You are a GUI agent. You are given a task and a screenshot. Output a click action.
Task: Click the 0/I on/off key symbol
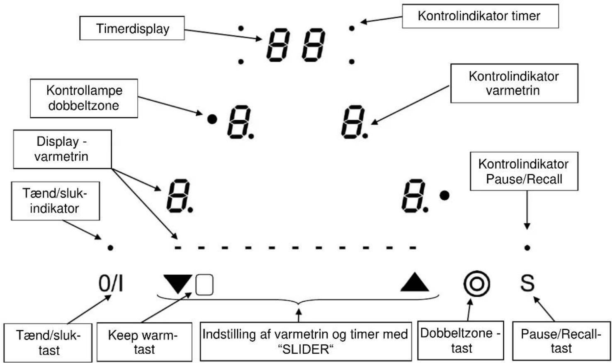pos(111,283)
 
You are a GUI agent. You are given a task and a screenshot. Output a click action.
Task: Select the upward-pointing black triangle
pos(415,283)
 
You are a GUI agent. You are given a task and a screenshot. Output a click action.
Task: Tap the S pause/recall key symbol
pos(527,283)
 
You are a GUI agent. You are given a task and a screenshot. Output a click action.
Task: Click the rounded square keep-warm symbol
pos(204,285)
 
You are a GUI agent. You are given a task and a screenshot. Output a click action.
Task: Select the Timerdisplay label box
pos(132,28)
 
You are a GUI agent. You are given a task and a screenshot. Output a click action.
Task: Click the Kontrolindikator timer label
pos(480,16)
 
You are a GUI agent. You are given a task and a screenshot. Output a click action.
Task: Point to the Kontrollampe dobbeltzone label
pos(84,98)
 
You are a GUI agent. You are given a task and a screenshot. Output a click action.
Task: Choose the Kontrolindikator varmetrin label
pos(514,83)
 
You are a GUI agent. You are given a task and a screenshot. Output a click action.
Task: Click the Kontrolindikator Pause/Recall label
pos(524,171)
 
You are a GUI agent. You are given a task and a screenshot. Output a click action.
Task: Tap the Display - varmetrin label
pos(62,149)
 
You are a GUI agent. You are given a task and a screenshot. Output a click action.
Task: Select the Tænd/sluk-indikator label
pos(56,201)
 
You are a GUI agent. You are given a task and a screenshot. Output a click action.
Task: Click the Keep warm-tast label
pos(144,342)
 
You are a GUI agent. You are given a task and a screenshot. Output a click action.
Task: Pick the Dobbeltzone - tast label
pos(461,341)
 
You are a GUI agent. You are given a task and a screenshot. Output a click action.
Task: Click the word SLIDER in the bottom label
pos(306,349)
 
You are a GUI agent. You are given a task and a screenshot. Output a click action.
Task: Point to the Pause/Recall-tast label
pos(561,341)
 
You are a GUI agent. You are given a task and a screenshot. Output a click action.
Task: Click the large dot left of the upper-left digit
pos(212,119)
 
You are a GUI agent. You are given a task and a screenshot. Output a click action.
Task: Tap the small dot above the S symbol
pos(527,248)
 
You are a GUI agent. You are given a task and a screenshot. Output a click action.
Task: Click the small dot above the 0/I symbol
pos(110,248)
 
